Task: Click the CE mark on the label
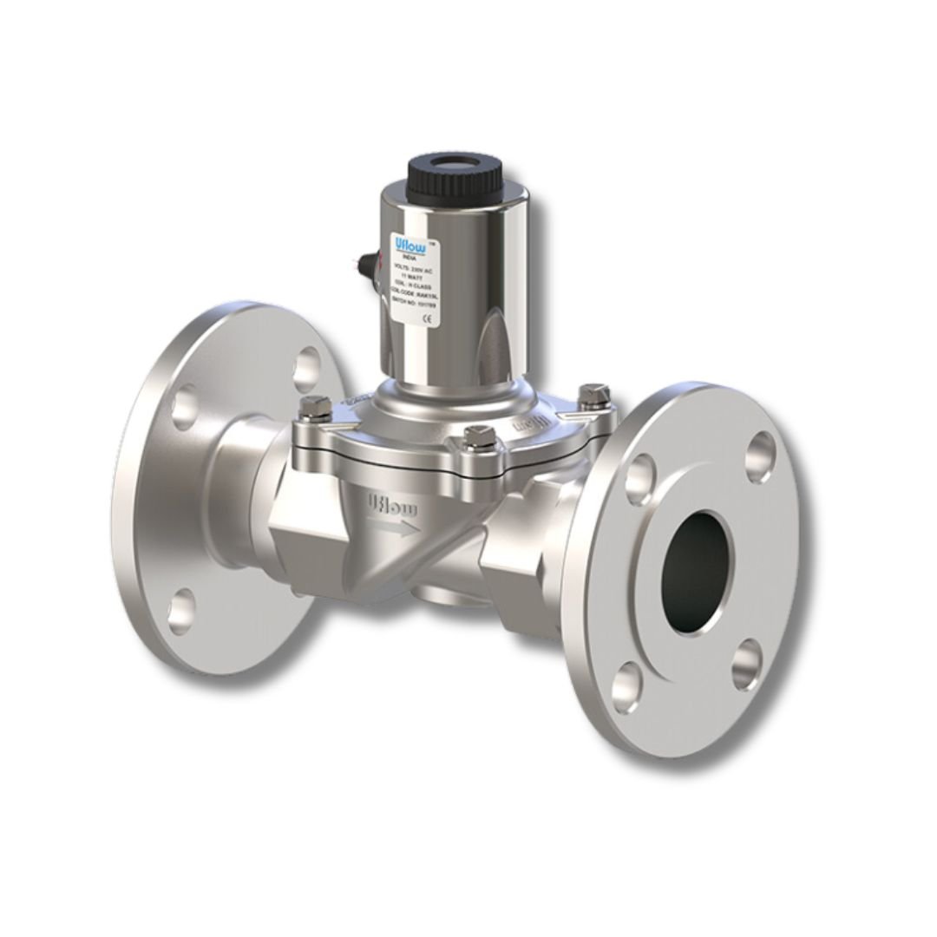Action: coord(426,318)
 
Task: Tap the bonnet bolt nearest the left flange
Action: coord(314,403)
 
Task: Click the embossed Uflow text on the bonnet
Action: coord(532,423)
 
